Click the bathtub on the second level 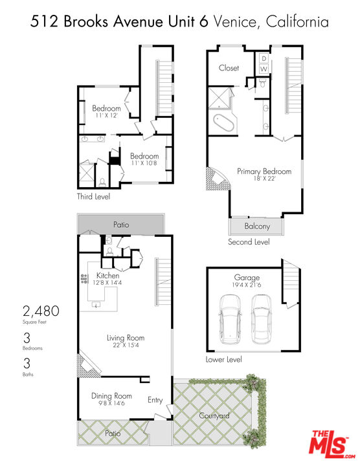pos(224,122)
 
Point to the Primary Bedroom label pos(264,172)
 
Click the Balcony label pos(257,227)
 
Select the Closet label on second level pos(229,68)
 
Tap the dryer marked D pos(264,58)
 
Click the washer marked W pos(264,69)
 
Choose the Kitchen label pos(107,276)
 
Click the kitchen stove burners pos(84,279)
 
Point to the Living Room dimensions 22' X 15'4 pos(126,346)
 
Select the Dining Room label pos(111,396)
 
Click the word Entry pos(155,400)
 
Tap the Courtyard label pos(214,416)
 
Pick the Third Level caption pos(94,197)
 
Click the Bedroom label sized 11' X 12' pos(106,108)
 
